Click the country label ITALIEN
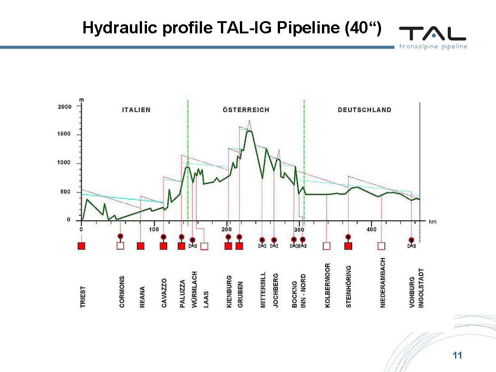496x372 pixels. pyautogui.click(x=136, y=110)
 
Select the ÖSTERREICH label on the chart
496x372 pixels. pyautogui.click(x=246, y=110)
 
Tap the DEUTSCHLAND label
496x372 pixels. pyautogui.click(x=364, y=110)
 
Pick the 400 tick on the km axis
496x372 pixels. pyautogui.click(x=371, y=230)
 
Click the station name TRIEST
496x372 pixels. pyautogui.click(x=83, y=297)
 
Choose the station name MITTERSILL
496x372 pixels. pyautogui.click(x=263, y=290)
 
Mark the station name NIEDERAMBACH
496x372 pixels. pyautogui.click(x=383, y=283)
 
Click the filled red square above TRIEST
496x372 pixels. pyautogui.click(x=82, y=246)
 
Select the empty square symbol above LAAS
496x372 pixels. pyautogui.click(x=204, y=246)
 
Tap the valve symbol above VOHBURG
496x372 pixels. pyautogui.click(x=411, y=246)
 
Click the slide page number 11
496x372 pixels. pyautogui.click(x=457, y=356)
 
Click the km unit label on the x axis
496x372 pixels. pyautogui.click(x=432, y=222)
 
